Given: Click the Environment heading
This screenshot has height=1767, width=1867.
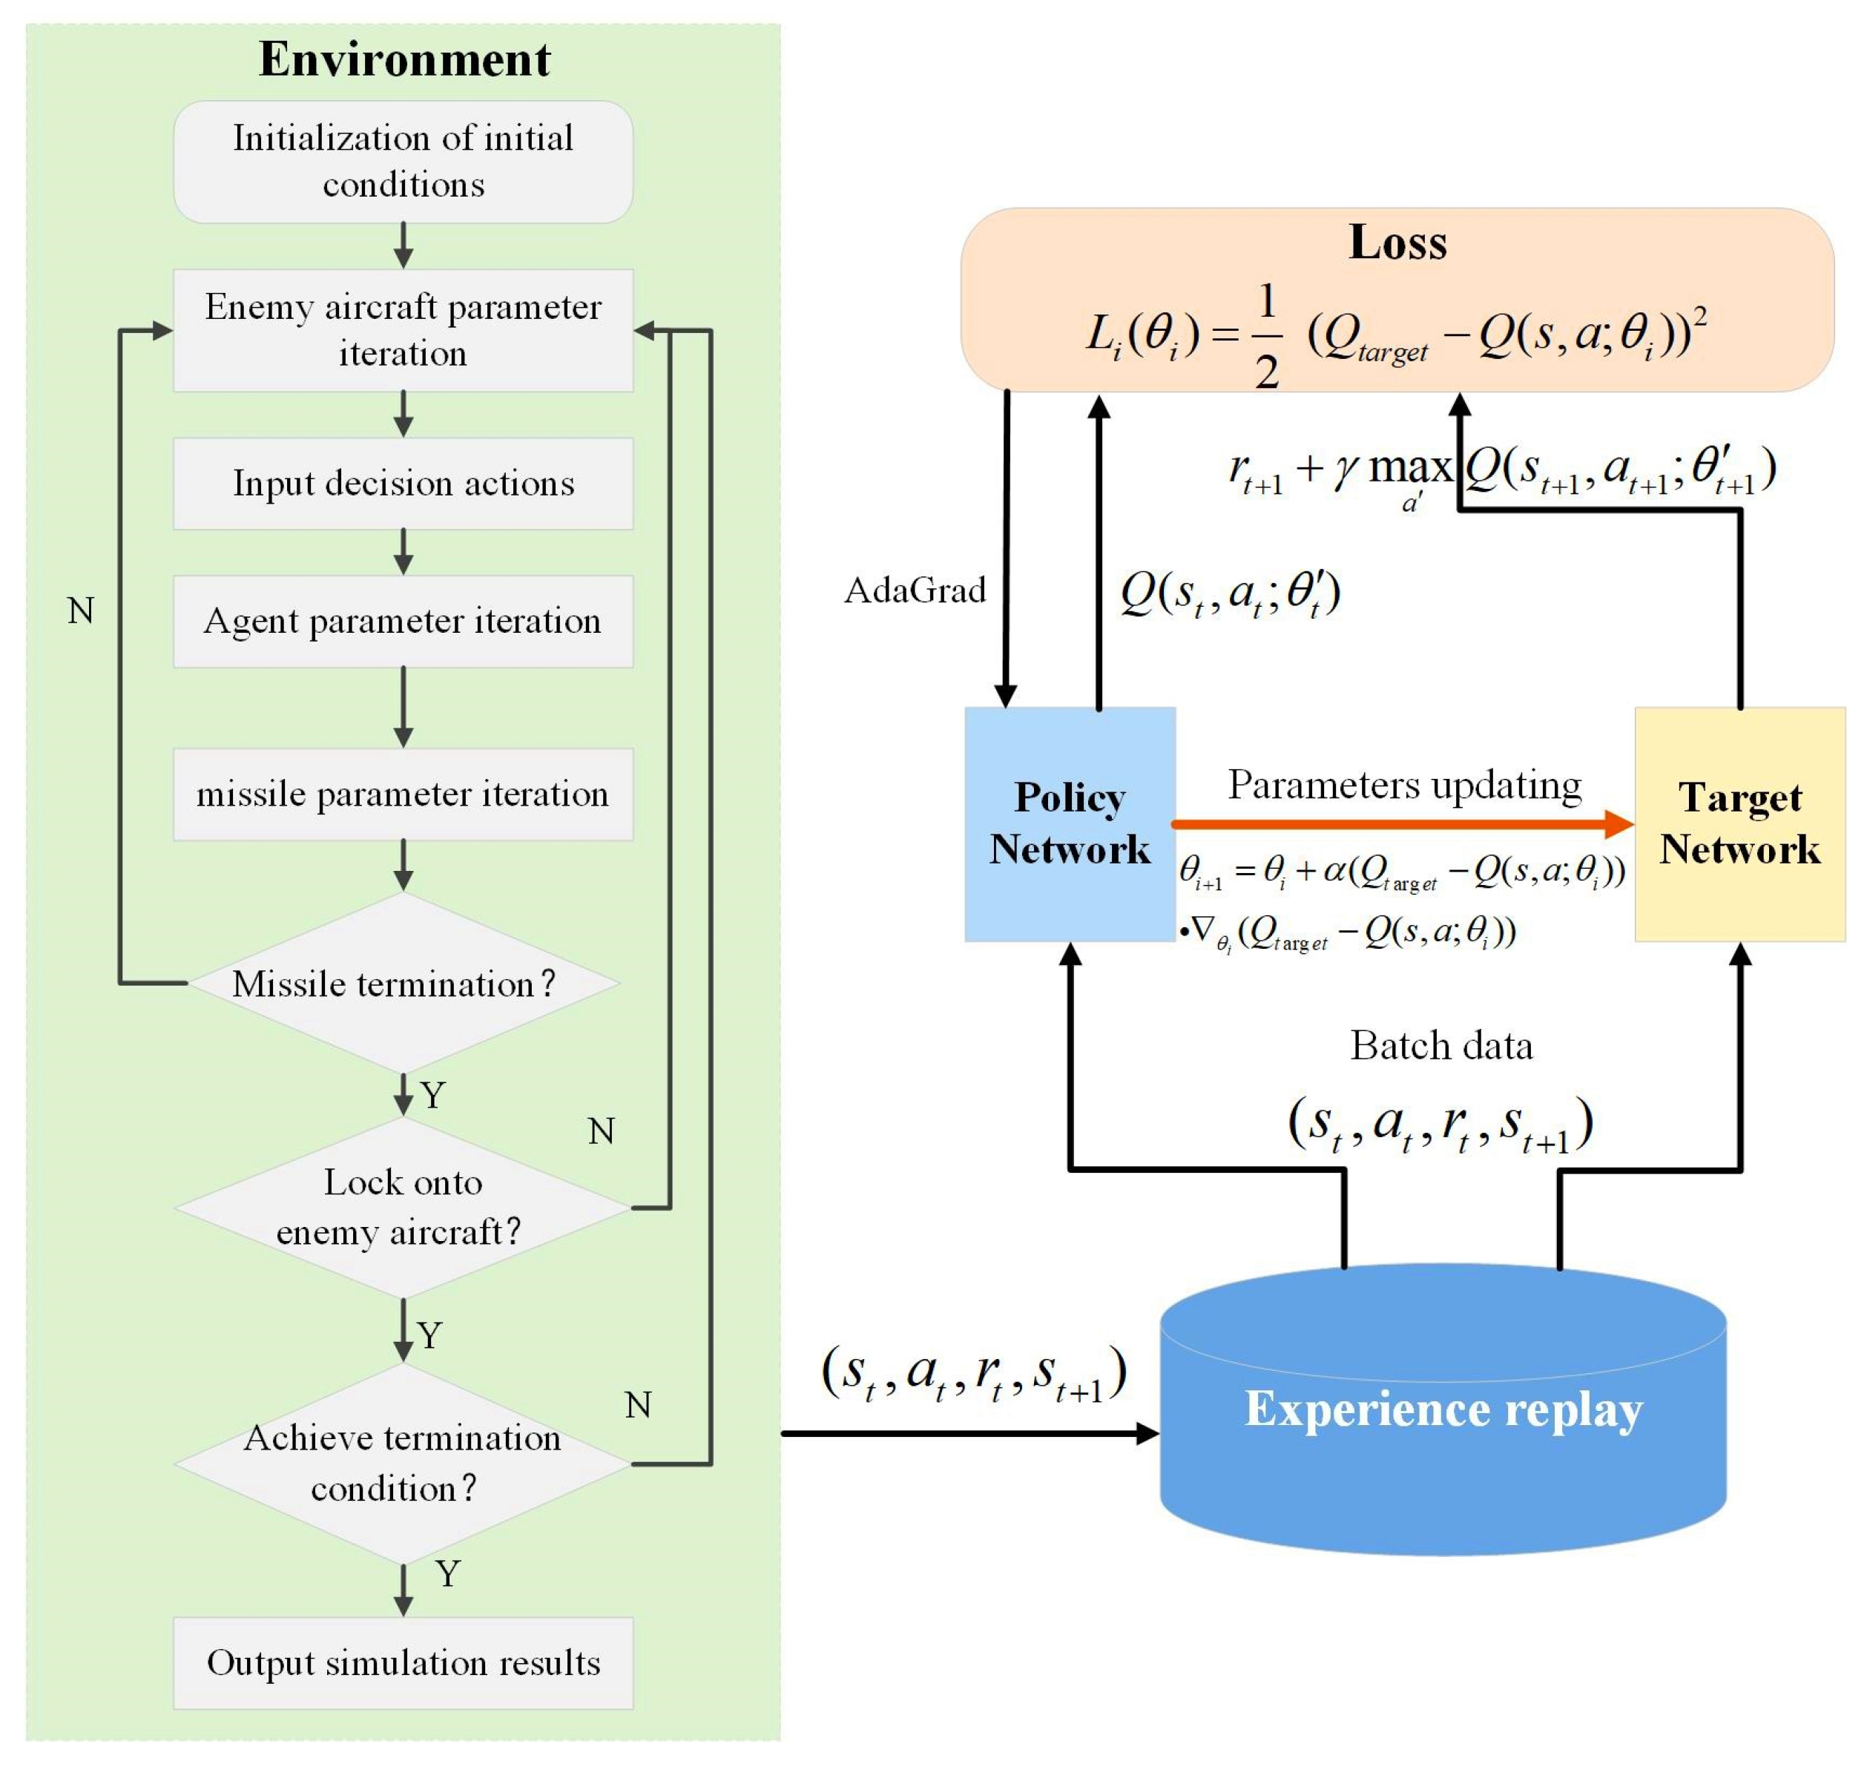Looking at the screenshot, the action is [x=404, y=59].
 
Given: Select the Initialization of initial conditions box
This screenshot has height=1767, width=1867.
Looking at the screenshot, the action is [x=404, y=162].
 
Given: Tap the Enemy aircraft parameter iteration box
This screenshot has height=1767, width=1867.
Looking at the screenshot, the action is [x=404, y=331].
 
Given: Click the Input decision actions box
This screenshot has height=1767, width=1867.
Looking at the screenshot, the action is [x=404, y=483].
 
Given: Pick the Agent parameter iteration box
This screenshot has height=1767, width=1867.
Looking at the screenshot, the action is [x=404, y=622].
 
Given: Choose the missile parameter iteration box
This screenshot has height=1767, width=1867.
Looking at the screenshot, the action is [x=404, y=794].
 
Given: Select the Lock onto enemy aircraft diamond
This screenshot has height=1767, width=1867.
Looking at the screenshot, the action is [x=404, y=1207].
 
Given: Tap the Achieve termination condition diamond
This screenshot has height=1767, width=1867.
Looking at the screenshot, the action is [x=404, y=1464].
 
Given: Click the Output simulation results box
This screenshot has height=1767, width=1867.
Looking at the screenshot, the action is [x=404, y=1663].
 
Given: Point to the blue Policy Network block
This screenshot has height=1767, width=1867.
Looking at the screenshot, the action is [x=1070, y=824].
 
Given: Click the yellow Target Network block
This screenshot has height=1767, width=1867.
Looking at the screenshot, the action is [x=1740, y=824].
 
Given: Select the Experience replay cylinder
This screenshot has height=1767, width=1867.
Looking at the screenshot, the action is [x=1443, y=1410].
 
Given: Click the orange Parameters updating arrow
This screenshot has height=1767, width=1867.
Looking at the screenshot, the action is [x=1403, y=824].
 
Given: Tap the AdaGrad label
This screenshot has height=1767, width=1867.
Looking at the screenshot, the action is [x=915, y=590].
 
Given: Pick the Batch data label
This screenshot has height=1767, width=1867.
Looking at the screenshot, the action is [x=1441, y=1045].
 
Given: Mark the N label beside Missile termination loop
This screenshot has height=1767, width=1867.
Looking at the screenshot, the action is [x=81, y=611].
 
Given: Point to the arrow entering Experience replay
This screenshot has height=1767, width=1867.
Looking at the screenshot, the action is [x=970, y=1434].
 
